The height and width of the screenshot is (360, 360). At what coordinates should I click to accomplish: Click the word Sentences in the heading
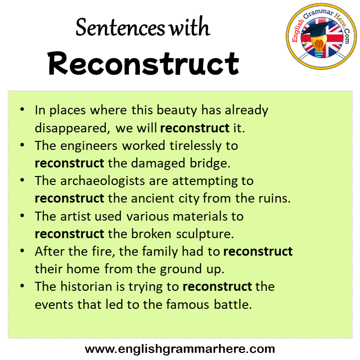(120, 28)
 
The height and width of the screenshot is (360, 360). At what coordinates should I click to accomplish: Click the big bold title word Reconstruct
(143, 64)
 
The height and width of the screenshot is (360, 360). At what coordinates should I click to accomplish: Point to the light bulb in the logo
(319, 46)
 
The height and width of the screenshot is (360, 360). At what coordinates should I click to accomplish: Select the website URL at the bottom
(180, 349)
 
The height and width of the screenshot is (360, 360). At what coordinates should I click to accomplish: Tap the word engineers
(89, 146)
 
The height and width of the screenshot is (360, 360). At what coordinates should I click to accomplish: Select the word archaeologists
(103, 181)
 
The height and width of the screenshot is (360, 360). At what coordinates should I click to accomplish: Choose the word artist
(76, 216)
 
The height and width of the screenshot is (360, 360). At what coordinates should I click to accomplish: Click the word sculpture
(205, 234)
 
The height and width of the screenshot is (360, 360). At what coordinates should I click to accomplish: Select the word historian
(93, 287)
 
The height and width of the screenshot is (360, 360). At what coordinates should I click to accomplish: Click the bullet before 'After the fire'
(22, 251)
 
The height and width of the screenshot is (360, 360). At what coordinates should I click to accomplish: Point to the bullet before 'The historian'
(22, 286)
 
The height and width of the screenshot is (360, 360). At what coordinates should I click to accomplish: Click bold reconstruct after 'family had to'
(258, 252)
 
